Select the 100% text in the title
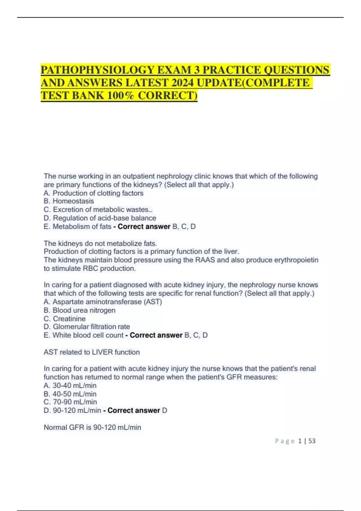click(x=121, y=95)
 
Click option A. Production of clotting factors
click(x=94, y=193)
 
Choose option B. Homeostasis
click(x=69, y=201)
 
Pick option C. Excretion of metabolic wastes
click(x=98, y=210)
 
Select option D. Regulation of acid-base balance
click(x=100, y=218)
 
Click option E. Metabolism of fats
click(x=78, y=226)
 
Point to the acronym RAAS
click(x=205, y=260)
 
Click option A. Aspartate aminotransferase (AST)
click(x=103, y=302)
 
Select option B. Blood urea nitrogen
click(x=80, y=310)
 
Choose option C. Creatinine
click(x=65, y=319)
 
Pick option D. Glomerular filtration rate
click(x=87, y=327)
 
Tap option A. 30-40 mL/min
click(x=70, y=385)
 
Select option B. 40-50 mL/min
click(x=70, y=394)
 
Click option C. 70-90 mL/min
click(x=70, y=402)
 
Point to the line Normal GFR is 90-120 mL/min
click(x=92, y=427)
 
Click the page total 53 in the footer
click(x=312, y=441)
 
